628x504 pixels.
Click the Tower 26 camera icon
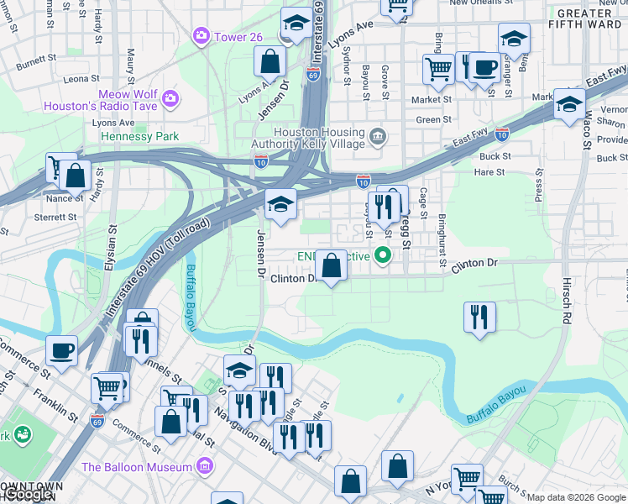pyautogui.click(x=201, y=36)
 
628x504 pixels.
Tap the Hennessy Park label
pyautogui.click(x=140, y=136)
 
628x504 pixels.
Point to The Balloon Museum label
pyautogui.click(x=137, y=467)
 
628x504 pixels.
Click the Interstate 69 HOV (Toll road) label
pyautogui.click(x=157, y=270)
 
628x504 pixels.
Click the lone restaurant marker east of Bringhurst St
pyautogui.click(x=479, y=317)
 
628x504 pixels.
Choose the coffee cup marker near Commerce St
pyautogui.click(x=62, y=349)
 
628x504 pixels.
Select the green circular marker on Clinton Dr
pyautogui.click(x=384, y=255)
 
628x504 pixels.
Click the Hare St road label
pyautogui.click(x=489, y=172)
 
